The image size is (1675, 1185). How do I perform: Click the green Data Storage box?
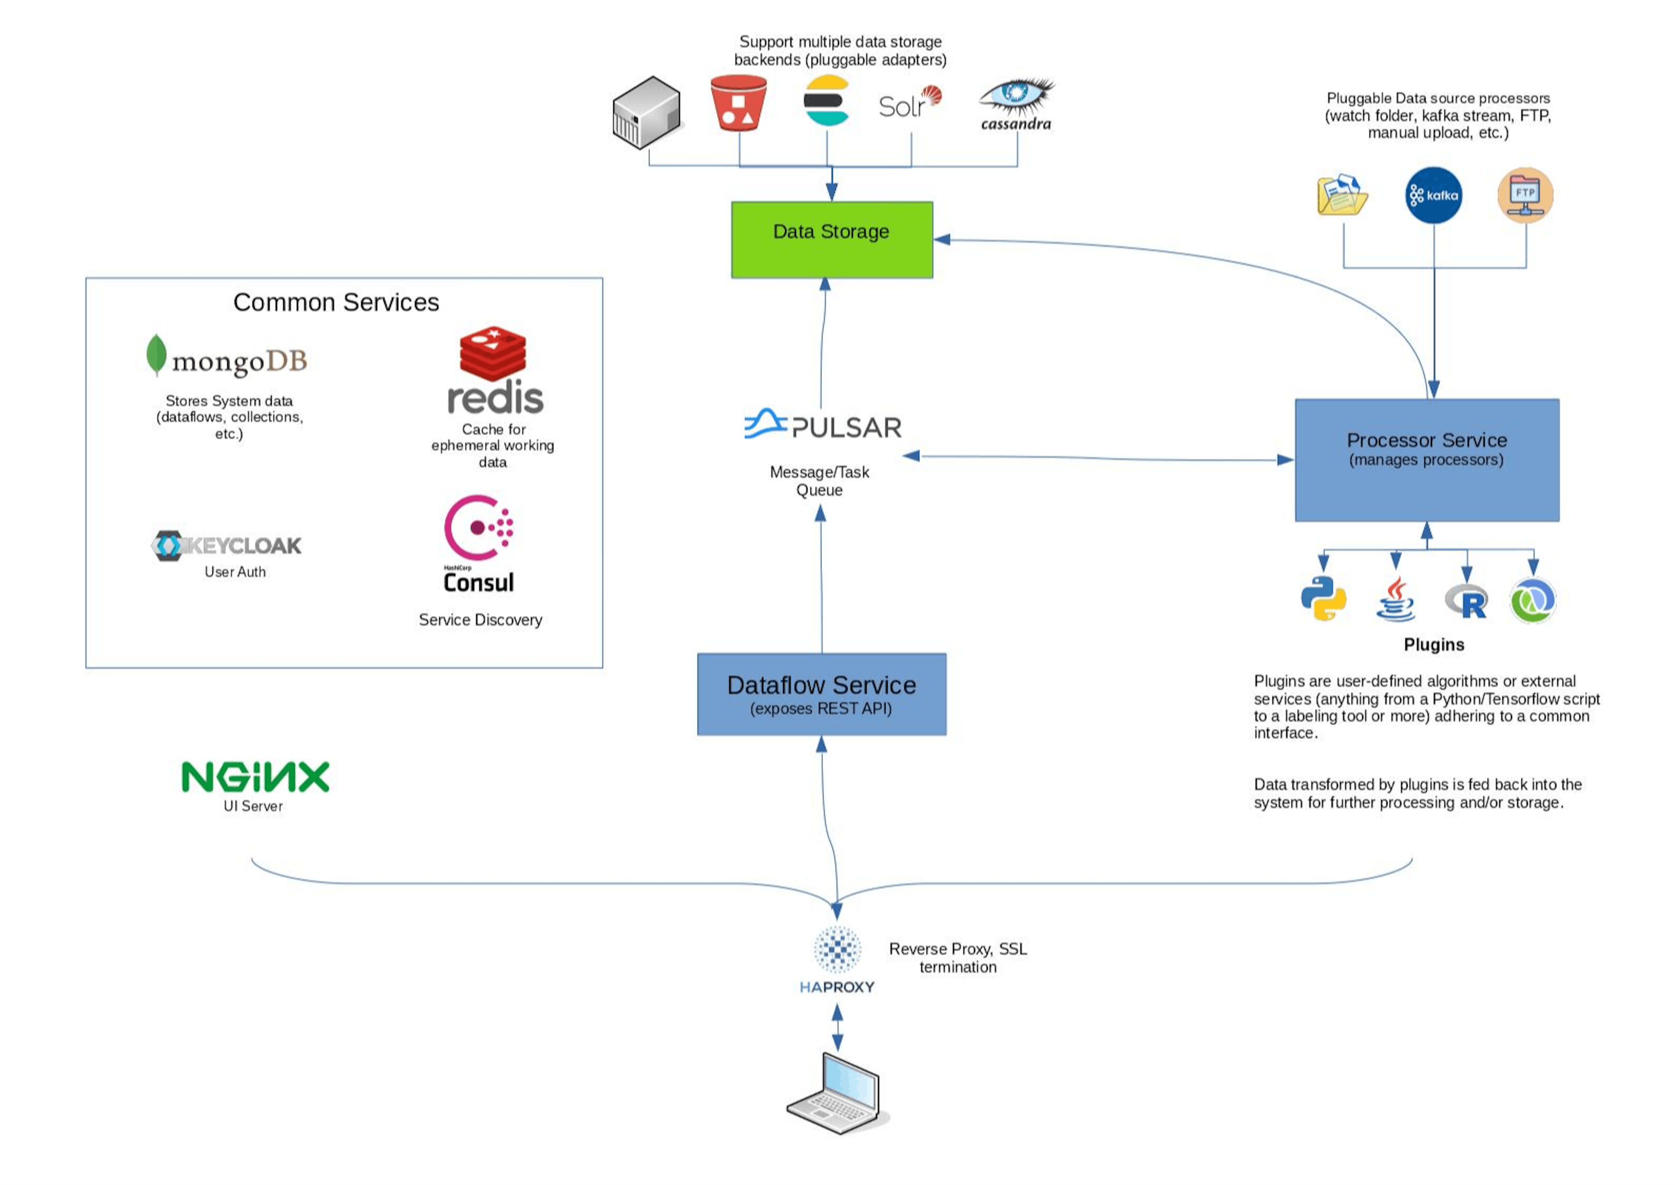click(832, 240)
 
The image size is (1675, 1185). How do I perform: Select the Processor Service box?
click(1426, 460)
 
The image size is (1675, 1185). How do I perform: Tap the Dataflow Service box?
click(821, 694)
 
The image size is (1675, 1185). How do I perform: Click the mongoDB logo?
click(227, 357)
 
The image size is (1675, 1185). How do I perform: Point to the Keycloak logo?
click(226, 546)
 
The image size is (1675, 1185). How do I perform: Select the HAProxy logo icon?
click(837, 950)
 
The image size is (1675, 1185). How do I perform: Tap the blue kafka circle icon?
click(1433, 195)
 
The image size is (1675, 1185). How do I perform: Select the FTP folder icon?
click(1525, 195)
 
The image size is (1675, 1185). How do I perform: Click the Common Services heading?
click(336, 302)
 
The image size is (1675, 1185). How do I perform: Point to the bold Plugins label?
click(1433, 644)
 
